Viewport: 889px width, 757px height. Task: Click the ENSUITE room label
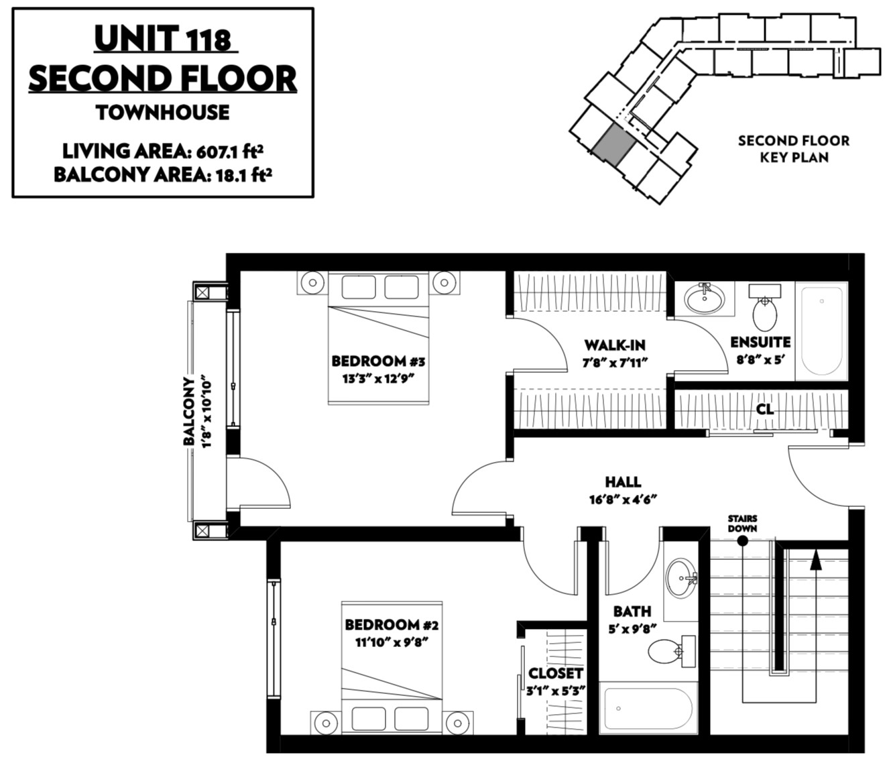pos(760,343)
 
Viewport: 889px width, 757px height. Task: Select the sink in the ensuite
pos(705,298)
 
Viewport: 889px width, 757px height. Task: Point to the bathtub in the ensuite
pos(821,331)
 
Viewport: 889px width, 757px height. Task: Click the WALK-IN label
pos(615,345)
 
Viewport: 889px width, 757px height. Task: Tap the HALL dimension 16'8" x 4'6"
pos(624,500)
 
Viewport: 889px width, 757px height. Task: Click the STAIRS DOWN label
pos(742,523)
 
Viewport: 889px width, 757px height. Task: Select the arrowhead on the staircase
pos(815,561)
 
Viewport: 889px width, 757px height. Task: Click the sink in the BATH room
pos(681,578)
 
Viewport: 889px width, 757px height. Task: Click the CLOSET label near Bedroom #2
pos(556,673)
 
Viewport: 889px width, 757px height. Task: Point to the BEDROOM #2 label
pos(392,624)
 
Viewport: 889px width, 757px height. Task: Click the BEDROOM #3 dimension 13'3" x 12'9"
pos(378,380)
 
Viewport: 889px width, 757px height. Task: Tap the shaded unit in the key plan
pos(613,145)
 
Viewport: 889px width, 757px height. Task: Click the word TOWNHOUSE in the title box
pos(163,113)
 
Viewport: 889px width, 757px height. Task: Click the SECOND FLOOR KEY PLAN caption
pos(794,149)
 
